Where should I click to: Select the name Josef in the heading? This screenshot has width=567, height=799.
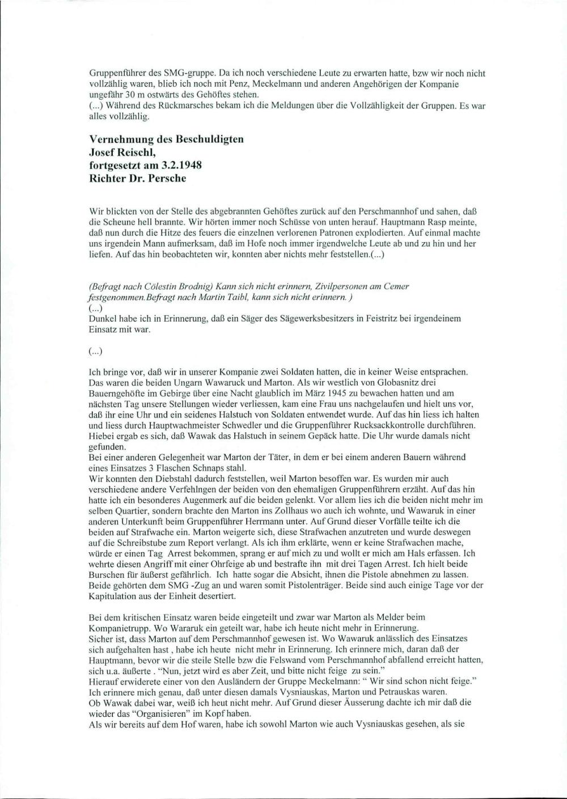tap(104, 152)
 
